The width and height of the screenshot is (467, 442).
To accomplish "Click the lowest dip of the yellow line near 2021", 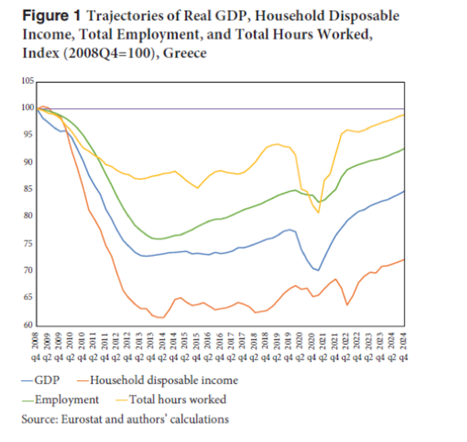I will coord(318,212).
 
